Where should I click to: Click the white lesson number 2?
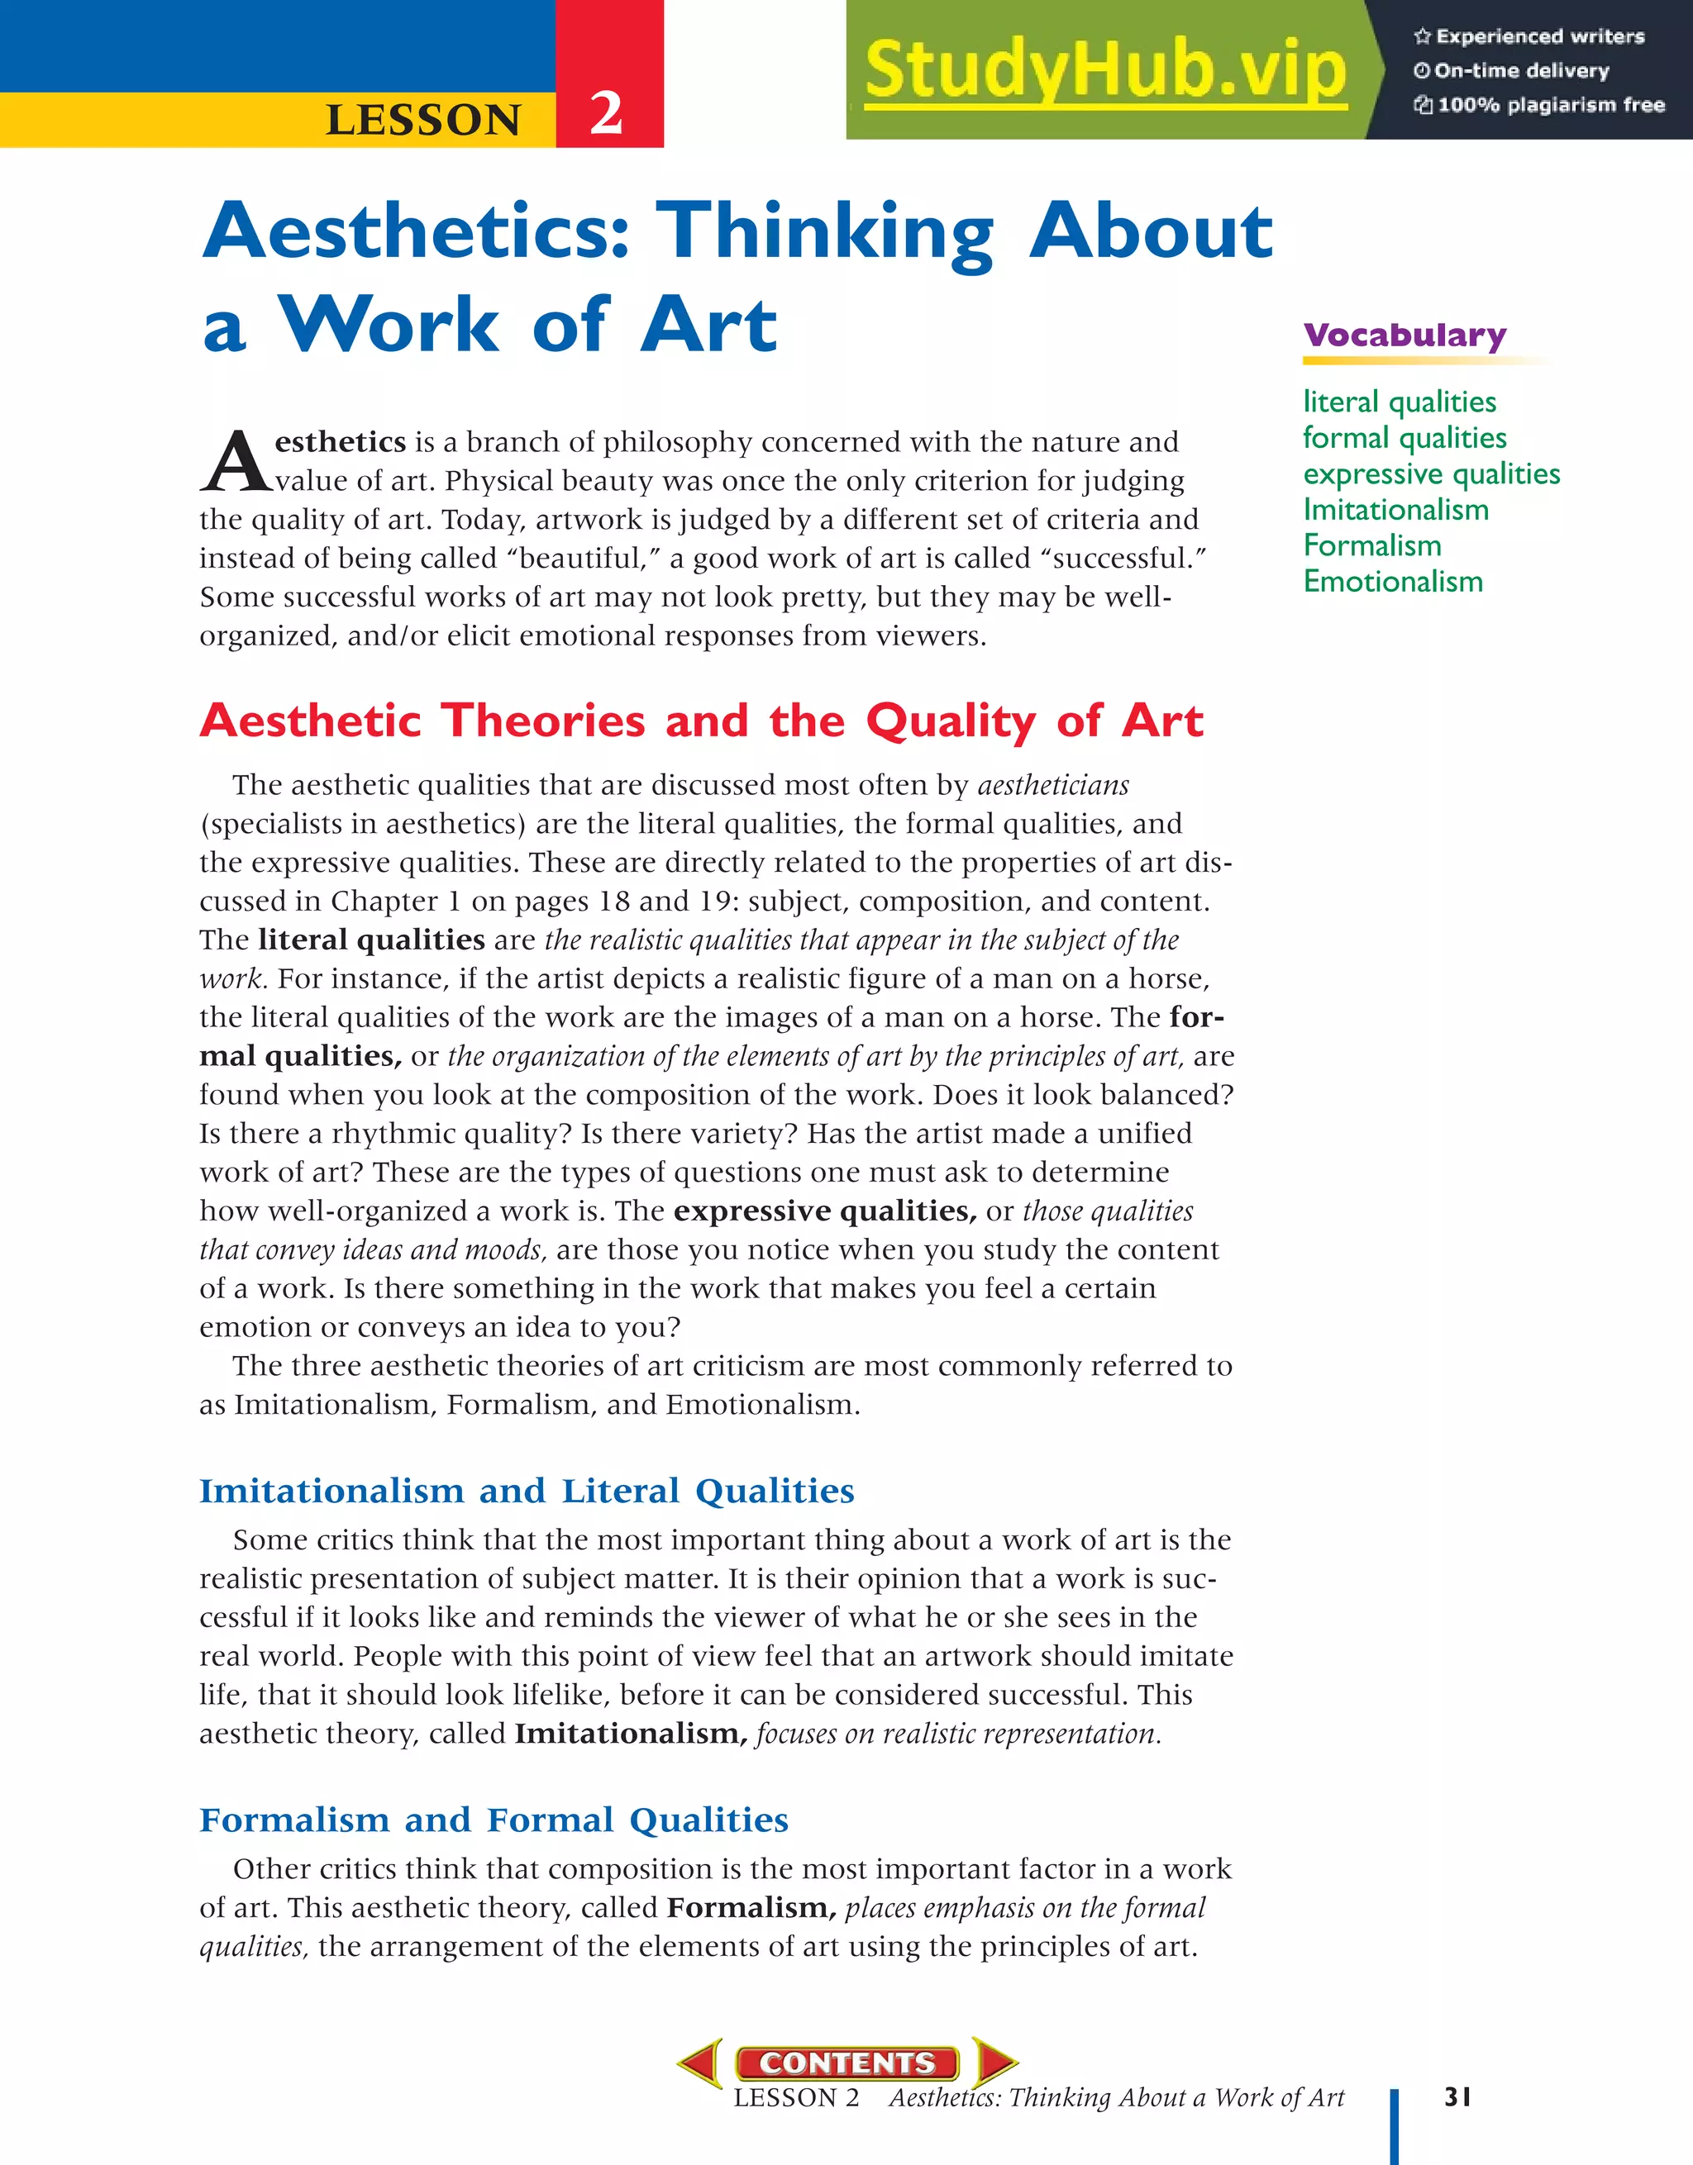(606, 113)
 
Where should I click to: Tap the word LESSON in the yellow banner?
(423, 120)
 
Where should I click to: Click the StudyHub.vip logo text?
(1105, 70)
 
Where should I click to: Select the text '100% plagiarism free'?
(1550, 105)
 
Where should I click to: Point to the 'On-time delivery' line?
(1520, 70)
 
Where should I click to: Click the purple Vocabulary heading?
(1404, 335)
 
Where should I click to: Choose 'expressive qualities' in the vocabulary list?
(1431, 473)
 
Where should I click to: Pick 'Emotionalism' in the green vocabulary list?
(1392, 581)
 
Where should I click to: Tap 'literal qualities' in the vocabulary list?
(1400, 402)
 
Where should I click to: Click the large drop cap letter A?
(234, 462)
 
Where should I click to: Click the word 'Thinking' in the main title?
(829, 231)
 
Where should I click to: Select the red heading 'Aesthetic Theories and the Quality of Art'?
(701, 721)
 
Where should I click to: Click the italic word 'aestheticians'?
(1053, 785)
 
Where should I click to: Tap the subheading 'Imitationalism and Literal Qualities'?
(527, 1491)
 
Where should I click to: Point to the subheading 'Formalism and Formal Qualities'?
(494, 1820)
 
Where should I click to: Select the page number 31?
(1457, 2096)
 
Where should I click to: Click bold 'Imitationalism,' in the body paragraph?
(631, 1734)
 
